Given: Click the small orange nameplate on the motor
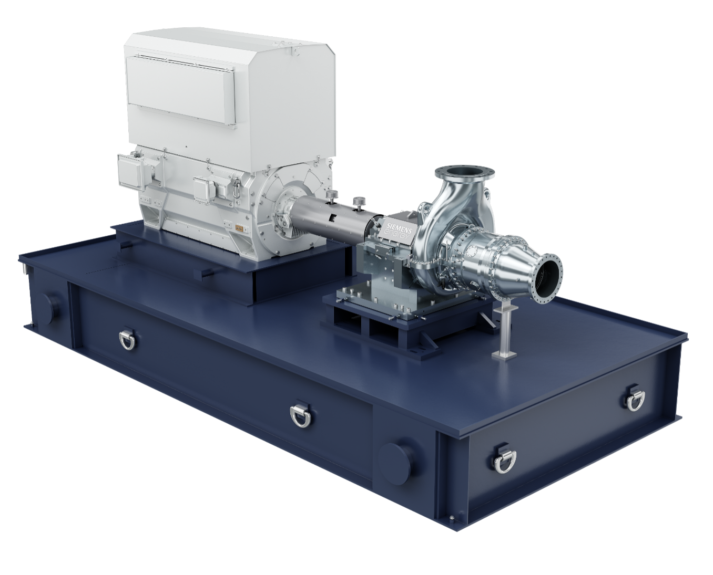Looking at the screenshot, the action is [x=239, y=228].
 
